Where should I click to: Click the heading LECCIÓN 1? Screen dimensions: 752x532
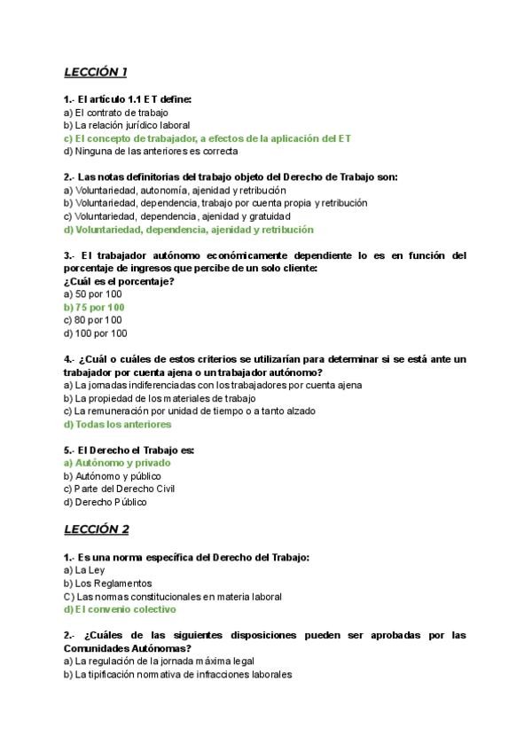click(96, 72)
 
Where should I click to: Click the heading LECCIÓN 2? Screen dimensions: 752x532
click(97, 529)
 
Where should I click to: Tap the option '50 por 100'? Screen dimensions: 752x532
click(93, 294)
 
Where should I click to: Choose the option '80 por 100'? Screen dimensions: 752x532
click(93, 320)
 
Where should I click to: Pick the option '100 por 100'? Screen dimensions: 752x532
click(96, 333)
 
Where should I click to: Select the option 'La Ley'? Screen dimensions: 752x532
click(84, 570)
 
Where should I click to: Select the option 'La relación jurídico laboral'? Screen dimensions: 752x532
click(127, 126)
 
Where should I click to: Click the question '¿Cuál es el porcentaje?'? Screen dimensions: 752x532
click(119, 281)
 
